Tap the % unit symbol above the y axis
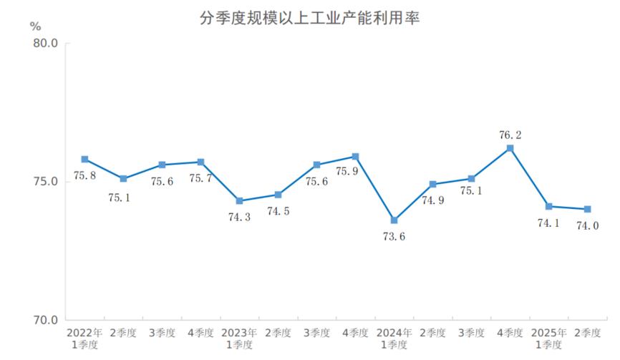[x=36, y=25]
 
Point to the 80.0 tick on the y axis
[x=45, y=44]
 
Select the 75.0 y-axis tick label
[x=45, y=182]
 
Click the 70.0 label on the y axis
[x=45, y=320]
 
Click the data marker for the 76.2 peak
[x=510, y=148]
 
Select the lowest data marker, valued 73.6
[x=394, y=220]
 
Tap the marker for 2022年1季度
[x=84, y=159]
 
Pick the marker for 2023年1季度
[x=239, y=200]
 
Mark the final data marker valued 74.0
[x=587, y=209]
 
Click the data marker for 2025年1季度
[x=548, y=206]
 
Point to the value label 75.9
[x=356, y=172]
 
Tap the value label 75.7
[x=200, y=177]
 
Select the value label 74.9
[x=432, y=200]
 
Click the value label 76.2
[x=510, y=133]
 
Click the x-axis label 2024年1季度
[x=394, y=338]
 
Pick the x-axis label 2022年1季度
[x=84, y=338]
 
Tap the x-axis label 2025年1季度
[x=548, y=338]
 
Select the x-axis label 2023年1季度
[x=239, y=338]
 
